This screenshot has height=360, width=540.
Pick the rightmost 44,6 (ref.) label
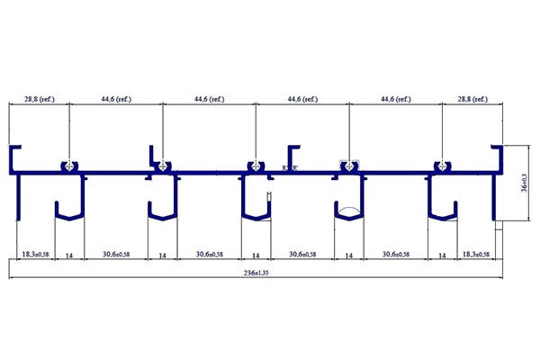tap(397, 100)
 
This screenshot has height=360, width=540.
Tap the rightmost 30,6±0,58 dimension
tap(395, 256)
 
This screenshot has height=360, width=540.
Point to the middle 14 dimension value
tap(256, 256)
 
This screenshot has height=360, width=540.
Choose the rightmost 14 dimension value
tap(442, 256)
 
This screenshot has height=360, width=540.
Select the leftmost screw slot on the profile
tap(68, 166)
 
